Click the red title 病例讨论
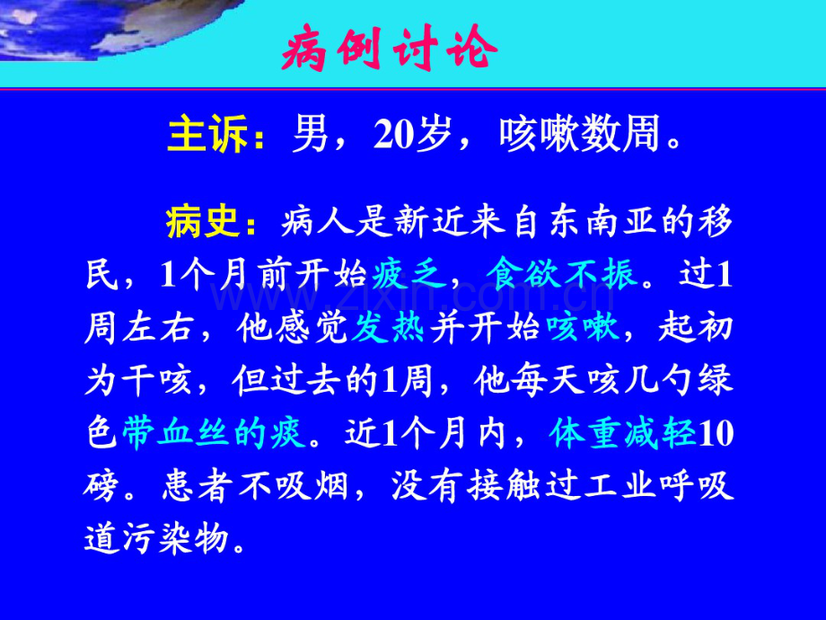(x=390, y=51)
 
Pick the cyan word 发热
(x=387, y=328)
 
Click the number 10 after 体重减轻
(x=716, y=433)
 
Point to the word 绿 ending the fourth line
(x=716, y=381)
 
